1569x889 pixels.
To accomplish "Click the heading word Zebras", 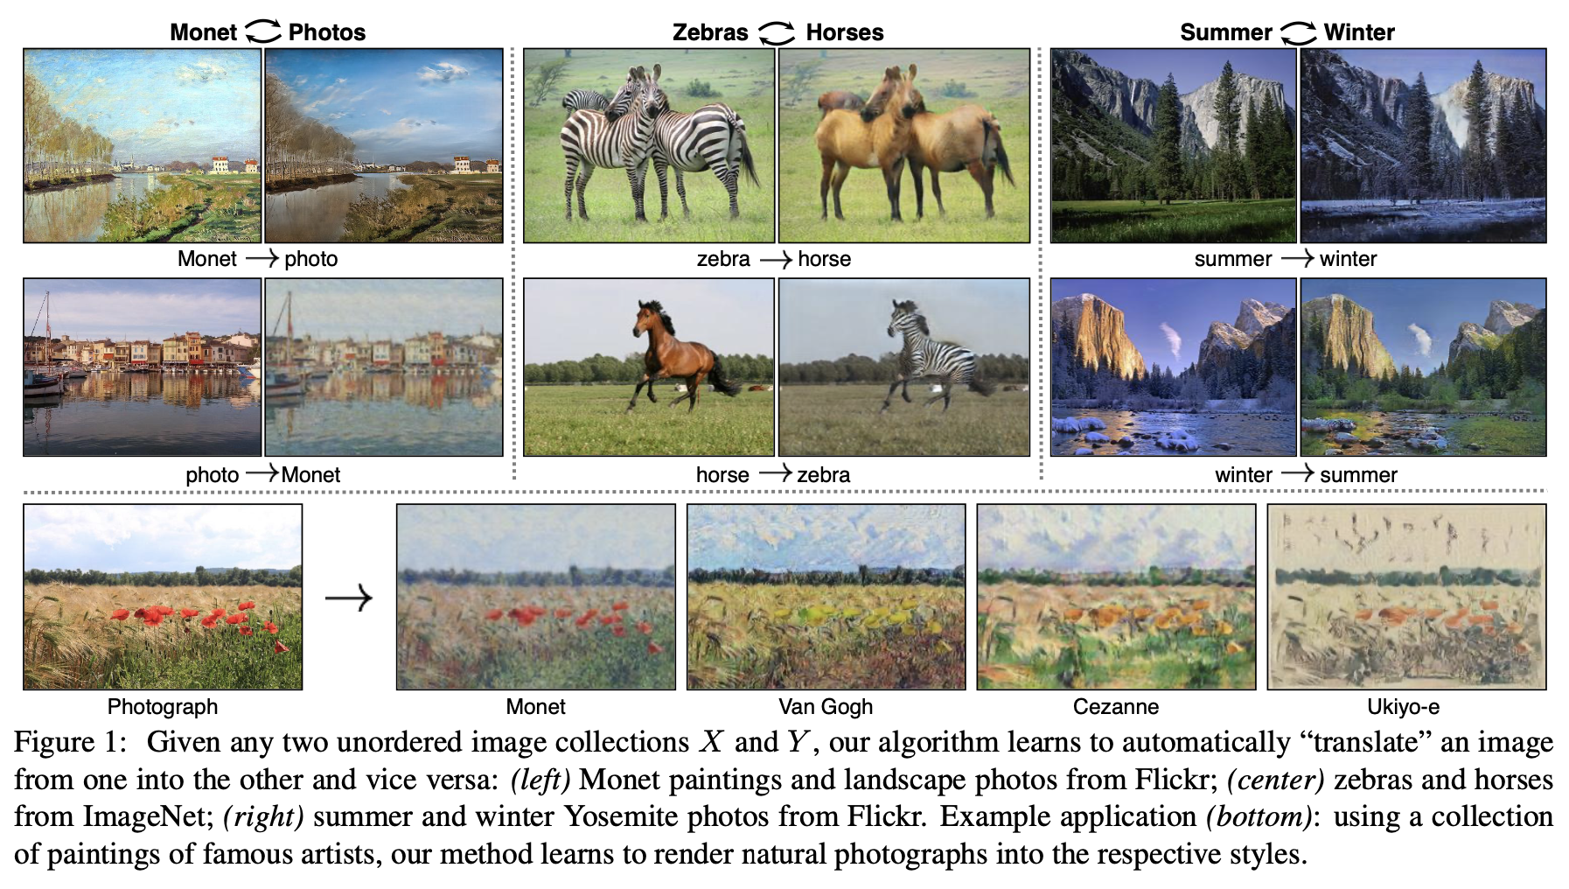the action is pyautogui.click(x=710, y=32).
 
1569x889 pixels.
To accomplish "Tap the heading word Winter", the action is pyautogui.click(x=1359, y=32).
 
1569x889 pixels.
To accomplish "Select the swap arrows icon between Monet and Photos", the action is pyautogui.click(x=262, y=32).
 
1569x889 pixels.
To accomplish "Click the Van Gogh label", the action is pyautogui.click(x=826, y=706).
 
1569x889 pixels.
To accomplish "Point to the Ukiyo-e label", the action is pyautogui.click(x=1403, y=706).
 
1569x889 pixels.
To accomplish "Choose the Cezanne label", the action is pyautogui.click(x=1116, y=706).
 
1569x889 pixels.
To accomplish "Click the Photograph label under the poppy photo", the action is pyautogui.click(x=163, y=706).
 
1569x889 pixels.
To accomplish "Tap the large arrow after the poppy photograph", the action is pyautogui.click(x=349, y=598).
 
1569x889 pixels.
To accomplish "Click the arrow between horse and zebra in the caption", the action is pyautogui.click(x=774, y=473).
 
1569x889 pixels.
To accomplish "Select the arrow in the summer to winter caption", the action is pyautogui.click(x=1297, y=258).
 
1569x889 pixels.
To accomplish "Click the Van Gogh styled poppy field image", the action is pyautogui.click(x=826, y=597).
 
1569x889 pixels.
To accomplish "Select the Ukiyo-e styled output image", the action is pyautogui.click(x=1406, y=597).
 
